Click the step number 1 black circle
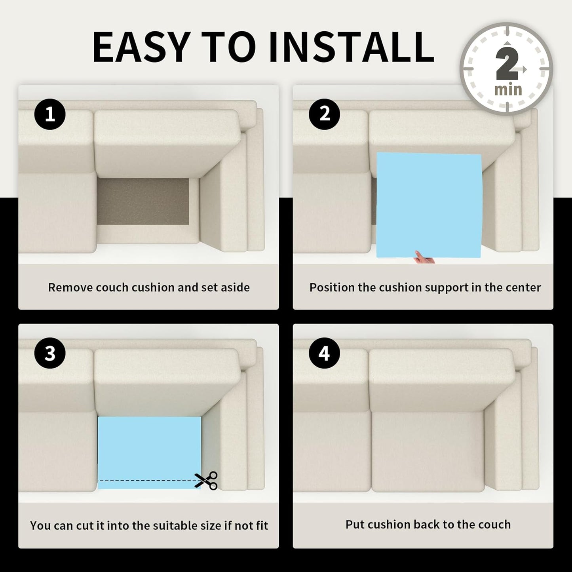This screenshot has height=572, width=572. [50, 114]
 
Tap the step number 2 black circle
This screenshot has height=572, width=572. [325, 114]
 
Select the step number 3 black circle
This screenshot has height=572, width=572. [50, 353]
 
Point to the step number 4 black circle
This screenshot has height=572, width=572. [325, 353]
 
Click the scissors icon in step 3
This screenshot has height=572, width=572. [206, 480]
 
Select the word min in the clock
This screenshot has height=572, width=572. [508, 90]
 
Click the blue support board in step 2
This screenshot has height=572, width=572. [429, 205]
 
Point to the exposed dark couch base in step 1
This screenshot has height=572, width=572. [143, 201]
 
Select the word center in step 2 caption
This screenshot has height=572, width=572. [523, 288]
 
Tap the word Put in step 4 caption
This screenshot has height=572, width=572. [354, 524]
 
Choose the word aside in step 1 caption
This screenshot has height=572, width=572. [234, 287]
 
